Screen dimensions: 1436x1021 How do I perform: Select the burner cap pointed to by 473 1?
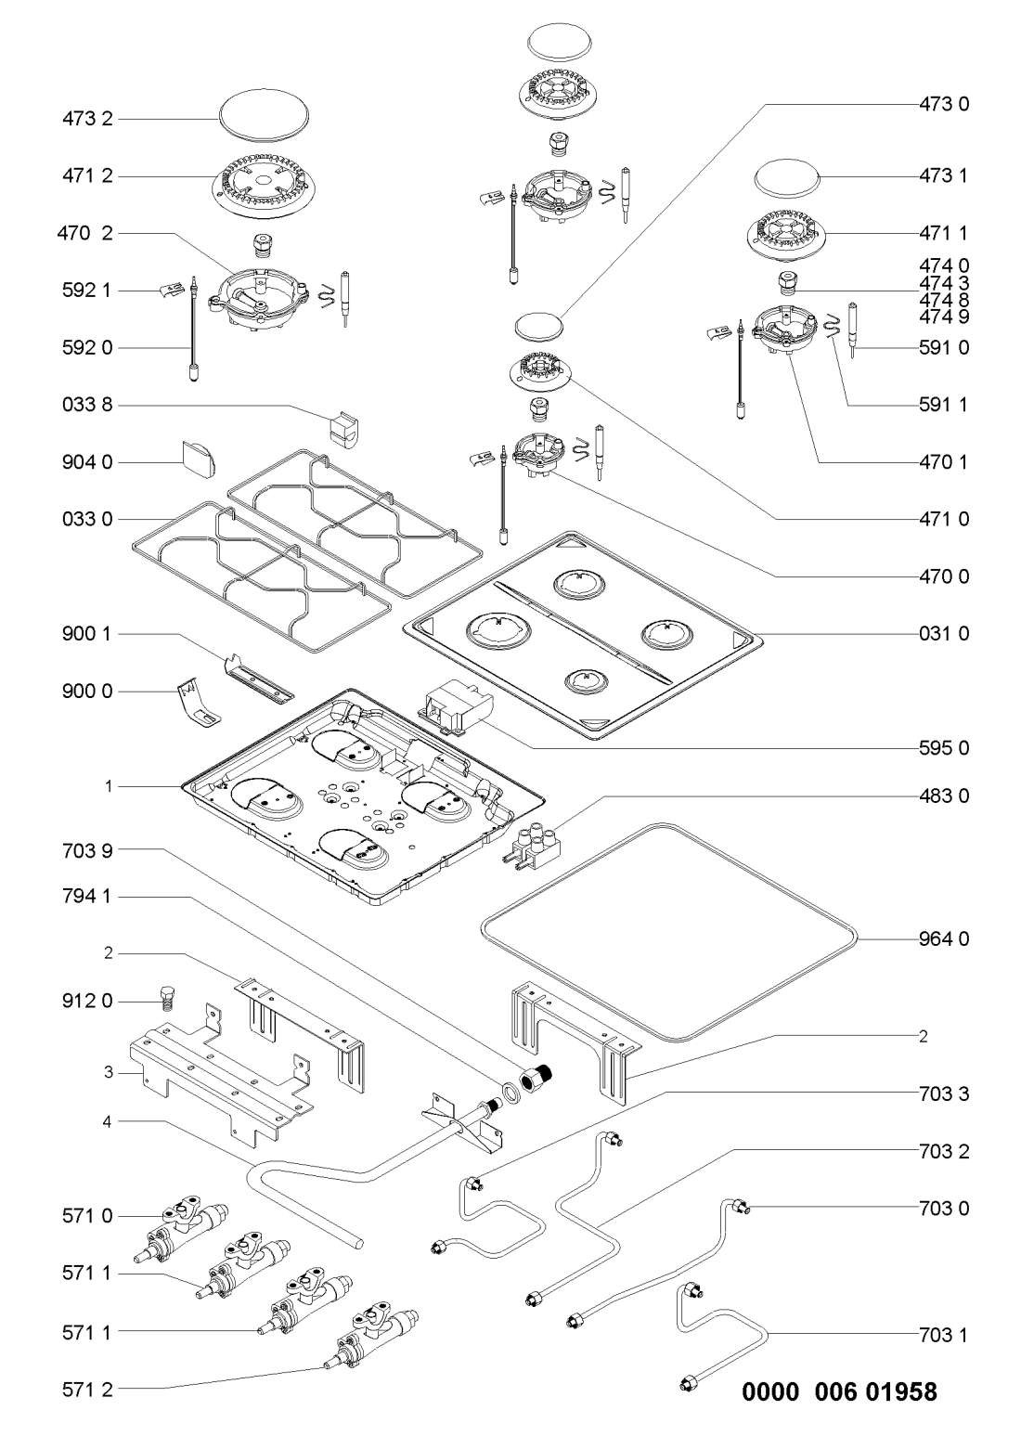pyautogui.click(x=788, y=177)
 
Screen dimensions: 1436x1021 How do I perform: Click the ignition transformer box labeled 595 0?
pyautogui.click(x=454, y=709)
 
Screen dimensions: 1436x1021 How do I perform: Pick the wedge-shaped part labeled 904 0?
pyautogui.click(x=196, y=457)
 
